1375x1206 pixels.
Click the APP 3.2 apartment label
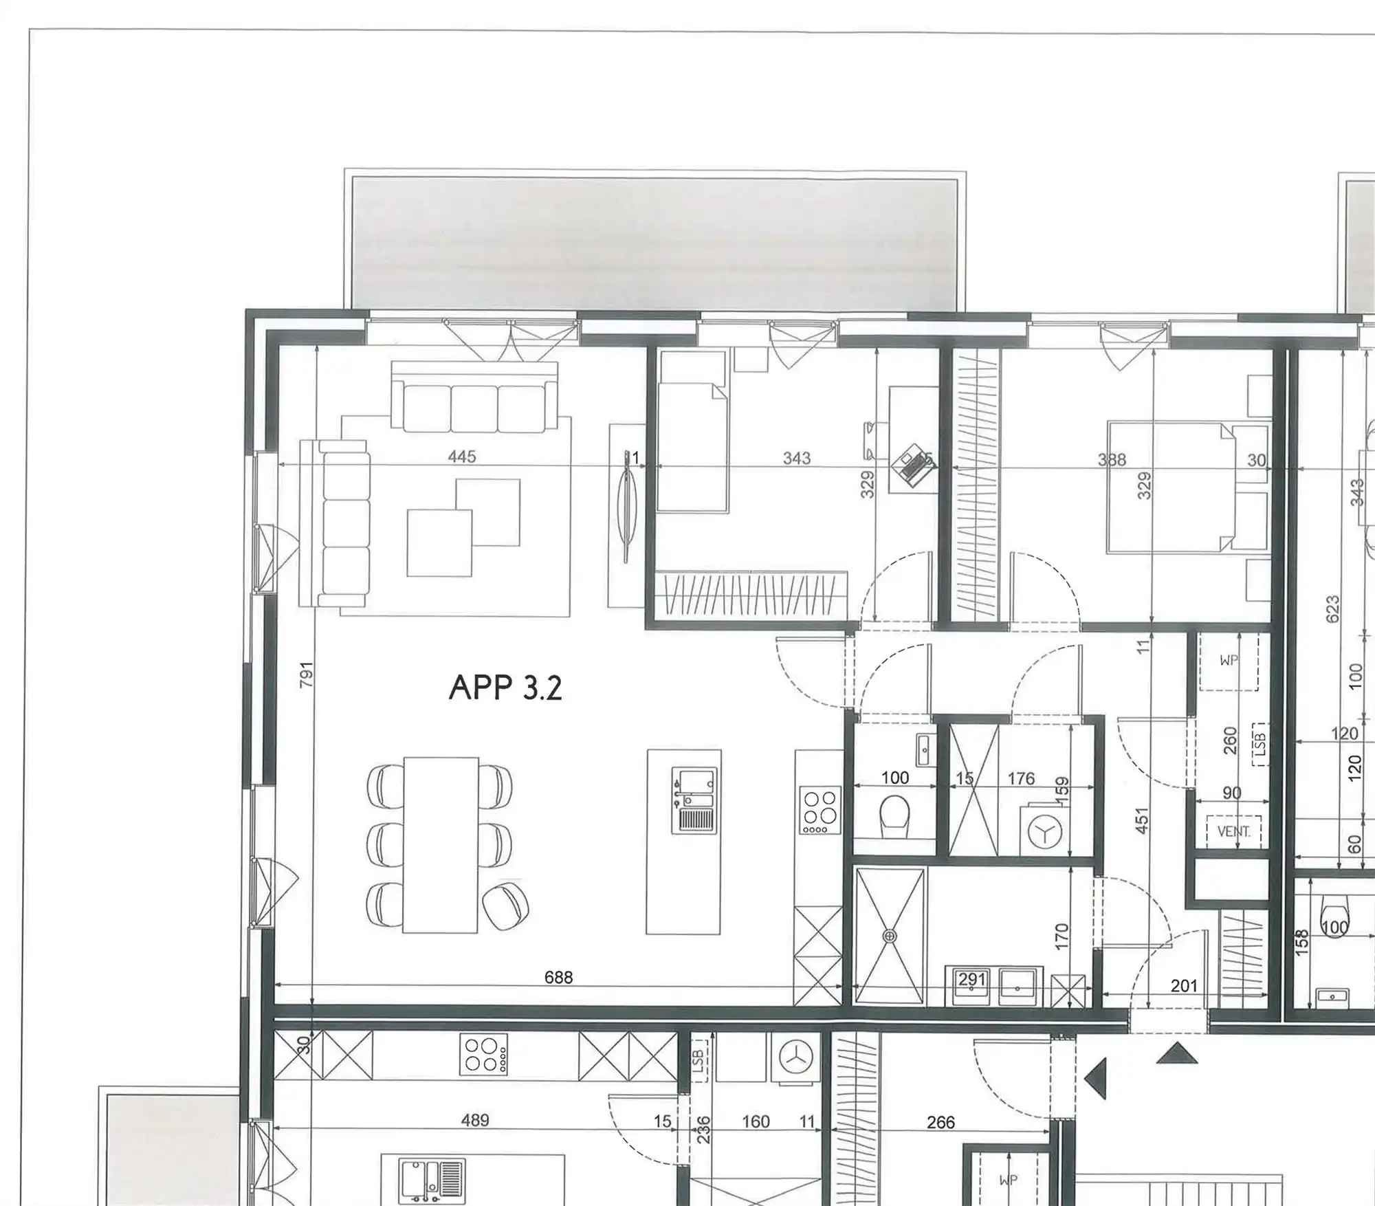click(505, 687)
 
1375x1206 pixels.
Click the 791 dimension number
click(307, 674)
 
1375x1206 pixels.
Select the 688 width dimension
click(558, 977)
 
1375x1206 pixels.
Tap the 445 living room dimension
click(461, 457)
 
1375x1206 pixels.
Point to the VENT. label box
click(1234, 831)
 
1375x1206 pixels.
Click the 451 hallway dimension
click(1142, 820)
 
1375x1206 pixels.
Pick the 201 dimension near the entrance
click(1184, 986)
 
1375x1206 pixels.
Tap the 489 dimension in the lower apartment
click(474, 1120)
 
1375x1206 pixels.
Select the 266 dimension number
click(940, 1122)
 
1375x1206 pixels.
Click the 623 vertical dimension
click(1332, 609)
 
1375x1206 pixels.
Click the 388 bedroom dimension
click(1112, 459)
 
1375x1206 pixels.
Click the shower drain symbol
click(890, 936)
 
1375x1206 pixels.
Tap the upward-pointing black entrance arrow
click(1176, 1053)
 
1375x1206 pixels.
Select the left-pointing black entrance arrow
click(1096, 1078)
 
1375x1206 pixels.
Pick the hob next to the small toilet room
click(819, 811)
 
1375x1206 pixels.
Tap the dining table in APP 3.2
click(441, 844)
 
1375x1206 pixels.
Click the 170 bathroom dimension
click(1061, 937)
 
